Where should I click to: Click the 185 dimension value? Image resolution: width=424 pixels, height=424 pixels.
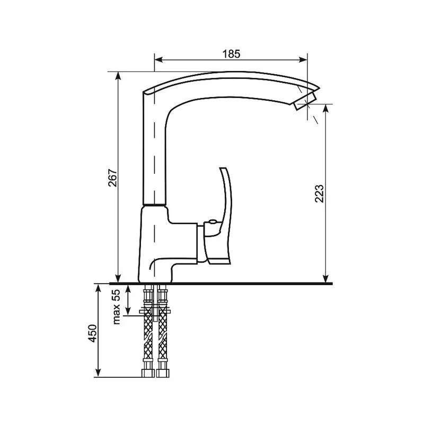(231, 54)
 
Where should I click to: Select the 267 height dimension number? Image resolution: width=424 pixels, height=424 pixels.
(112, 178)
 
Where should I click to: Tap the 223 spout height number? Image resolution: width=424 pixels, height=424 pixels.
(319, 193)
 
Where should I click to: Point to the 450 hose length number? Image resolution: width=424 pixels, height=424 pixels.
(92, 333)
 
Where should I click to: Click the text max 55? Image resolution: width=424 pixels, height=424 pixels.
(116, 307)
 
